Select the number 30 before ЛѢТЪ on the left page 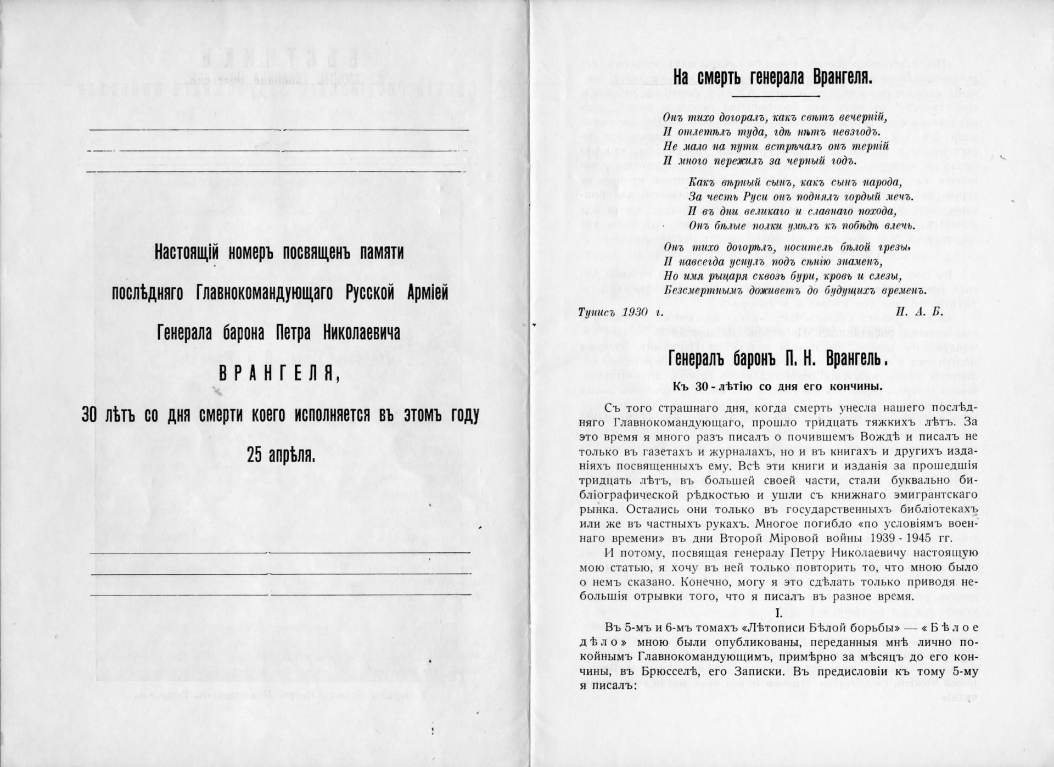pos(89,415)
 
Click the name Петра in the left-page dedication pos(291,333)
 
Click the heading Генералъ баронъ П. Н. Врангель pos(778,360)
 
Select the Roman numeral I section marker pos(777,612)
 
